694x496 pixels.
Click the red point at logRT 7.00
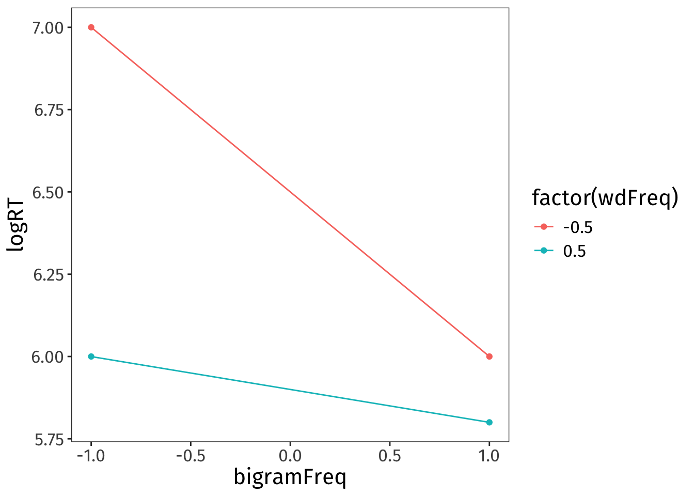pos(91,27)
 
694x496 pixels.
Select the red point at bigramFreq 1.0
pos(489,357)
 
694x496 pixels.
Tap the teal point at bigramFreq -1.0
pos(91,357)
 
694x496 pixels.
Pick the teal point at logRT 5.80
pos(489,422)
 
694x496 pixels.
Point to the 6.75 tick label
pos(49,110)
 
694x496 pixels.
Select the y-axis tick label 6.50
pos(49,192)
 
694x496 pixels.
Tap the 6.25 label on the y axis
pos(49,274)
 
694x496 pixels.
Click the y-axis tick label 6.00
pos(49,357)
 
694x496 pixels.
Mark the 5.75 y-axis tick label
pos(49,439)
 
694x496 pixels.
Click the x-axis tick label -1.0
pos(91,456)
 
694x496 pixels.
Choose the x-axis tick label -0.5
pos(190,456)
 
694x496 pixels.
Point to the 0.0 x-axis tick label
pos(290,456)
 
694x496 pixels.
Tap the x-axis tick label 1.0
pos(489,456)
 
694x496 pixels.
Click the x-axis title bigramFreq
pos(290,477)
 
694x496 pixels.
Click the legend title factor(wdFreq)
pos(604,198)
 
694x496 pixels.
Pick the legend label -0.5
pos(577,227)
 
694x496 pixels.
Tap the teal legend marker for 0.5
pos(544,251)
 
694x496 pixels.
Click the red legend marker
pos(544,227)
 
